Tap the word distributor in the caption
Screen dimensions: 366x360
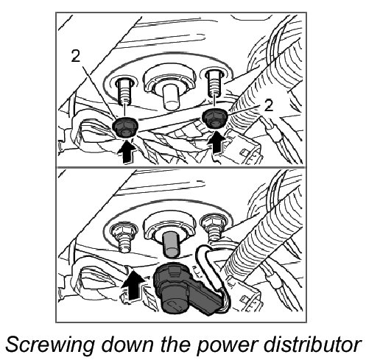312,343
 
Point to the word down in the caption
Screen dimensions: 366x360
127,344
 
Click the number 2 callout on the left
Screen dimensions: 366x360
76,55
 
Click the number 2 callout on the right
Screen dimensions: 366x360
269,106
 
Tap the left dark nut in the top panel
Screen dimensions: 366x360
125,127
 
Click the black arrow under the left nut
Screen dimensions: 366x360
126,151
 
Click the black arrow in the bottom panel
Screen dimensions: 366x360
133,285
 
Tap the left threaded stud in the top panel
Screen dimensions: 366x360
124,91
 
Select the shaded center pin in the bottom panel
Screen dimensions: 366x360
171,244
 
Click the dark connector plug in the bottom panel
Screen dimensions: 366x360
186,289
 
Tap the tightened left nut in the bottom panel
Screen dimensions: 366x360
124,230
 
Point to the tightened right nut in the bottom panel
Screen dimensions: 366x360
213,222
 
